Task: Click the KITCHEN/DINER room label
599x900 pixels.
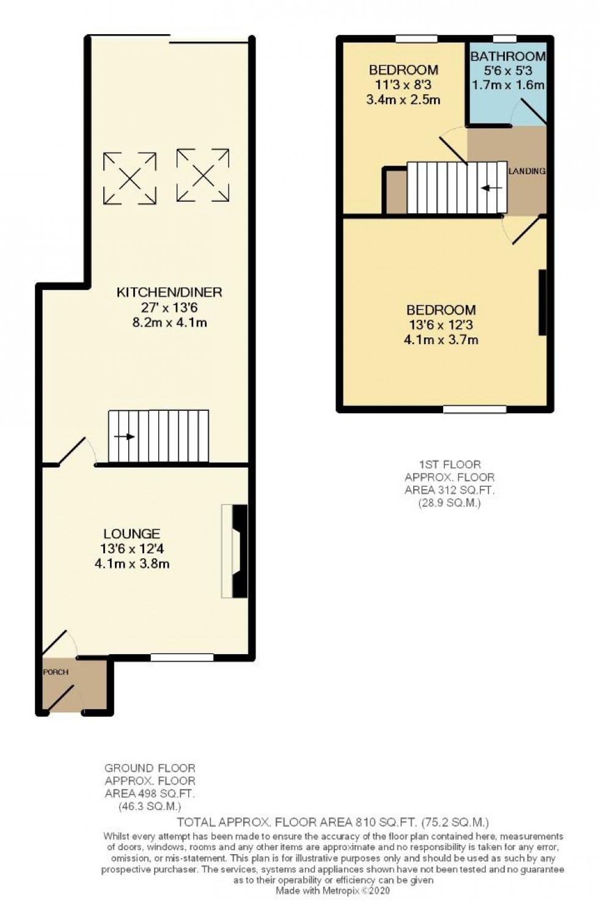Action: (x=169, y=292)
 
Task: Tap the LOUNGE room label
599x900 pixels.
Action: (x=131, y=534)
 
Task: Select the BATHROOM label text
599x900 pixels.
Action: (x=507, y=56)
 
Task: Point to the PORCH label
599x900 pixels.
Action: (x=56, y=672)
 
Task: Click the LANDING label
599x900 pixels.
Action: (x=527, y=171)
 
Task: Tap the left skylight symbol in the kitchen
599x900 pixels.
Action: (x=130, y=178)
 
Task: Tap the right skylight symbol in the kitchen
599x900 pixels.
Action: (x=203, y=175)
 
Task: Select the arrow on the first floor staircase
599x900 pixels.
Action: (x=491, y=188)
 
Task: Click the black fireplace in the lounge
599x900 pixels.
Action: (x=240, y=551)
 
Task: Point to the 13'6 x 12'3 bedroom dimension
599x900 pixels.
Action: (x=441, y=325)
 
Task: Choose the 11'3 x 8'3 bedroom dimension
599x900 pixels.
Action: (x=403, y=85)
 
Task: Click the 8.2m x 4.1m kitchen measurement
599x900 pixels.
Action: (x=169, y=322)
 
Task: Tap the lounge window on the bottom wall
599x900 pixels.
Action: (x=182, y=658)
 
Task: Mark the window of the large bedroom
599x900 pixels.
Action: (x=475, y=410)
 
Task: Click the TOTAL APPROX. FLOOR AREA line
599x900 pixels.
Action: (x=333, y=822)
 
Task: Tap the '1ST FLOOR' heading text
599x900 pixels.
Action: (x=450, y=464)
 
